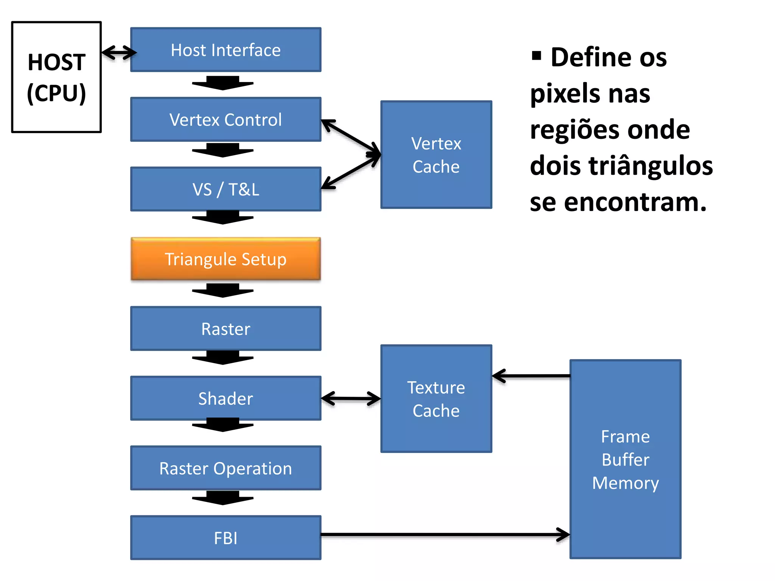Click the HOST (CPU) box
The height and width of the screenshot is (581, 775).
[56, 77]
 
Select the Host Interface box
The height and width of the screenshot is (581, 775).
[226, 50]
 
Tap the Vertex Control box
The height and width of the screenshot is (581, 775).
[226, 120]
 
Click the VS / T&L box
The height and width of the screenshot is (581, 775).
[226, 189]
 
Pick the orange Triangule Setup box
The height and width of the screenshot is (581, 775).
[226, 259]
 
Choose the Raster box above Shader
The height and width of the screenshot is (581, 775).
[226, 329]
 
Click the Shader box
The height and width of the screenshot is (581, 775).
[226, 398]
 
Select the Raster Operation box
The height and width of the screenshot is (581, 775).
[226, 468]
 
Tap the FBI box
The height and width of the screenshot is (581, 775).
[226, 538]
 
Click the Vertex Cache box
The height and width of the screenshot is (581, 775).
[436, 155]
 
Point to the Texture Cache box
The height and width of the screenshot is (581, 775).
[436, 399]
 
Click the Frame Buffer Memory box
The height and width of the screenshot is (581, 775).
[625, 459]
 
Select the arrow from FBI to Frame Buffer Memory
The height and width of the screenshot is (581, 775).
[445, 534]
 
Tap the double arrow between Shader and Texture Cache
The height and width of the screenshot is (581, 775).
[350, 398]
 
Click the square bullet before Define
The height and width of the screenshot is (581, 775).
[536, 56]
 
